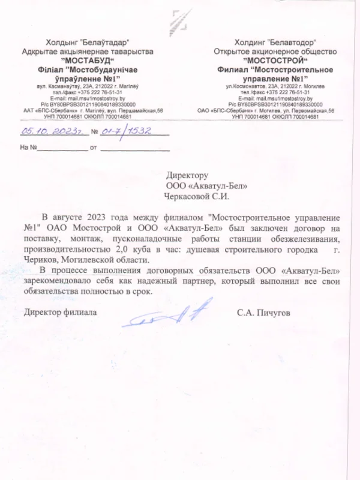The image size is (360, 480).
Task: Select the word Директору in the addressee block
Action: (x=187, y=176)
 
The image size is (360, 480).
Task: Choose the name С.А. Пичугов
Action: (x=263, y=313)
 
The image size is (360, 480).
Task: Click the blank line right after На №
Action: (x=63, y=148)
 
